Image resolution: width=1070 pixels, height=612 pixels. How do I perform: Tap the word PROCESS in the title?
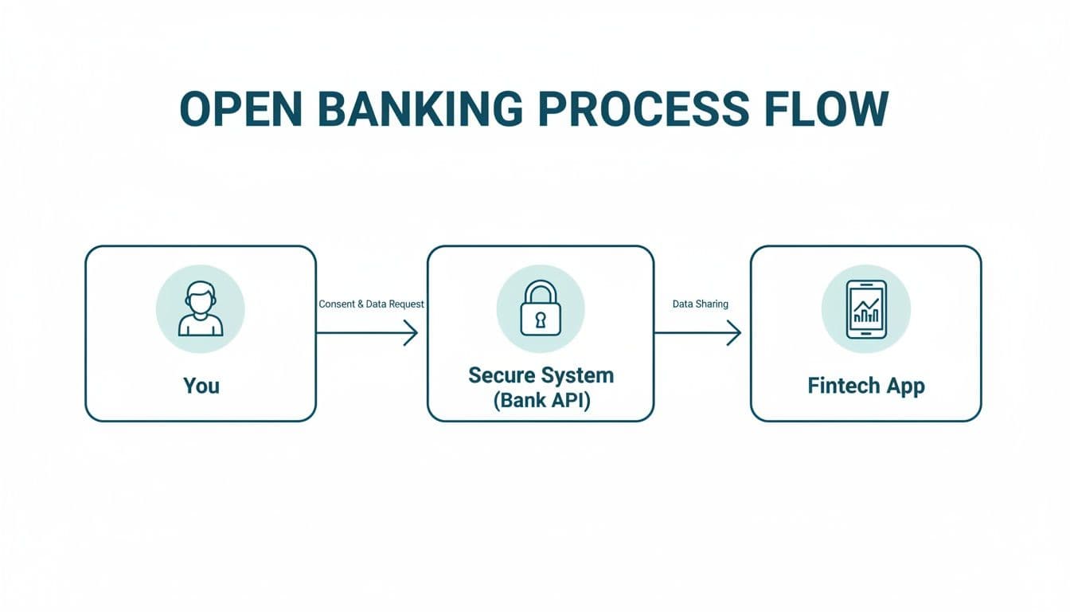644,109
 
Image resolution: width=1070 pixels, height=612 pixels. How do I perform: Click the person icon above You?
201,310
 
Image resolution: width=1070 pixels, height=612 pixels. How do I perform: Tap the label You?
201,386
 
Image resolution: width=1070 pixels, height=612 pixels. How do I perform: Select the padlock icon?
541,308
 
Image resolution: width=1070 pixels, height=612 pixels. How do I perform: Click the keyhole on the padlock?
541,320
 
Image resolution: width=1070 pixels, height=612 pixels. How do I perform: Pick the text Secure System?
541,375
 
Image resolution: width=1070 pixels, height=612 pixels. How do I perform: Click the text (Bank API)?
541,400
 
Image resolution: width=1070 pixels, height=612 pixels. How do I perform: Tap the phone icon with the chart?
865,309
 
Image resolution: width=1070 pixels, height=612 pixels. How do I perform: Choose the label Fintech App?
865,386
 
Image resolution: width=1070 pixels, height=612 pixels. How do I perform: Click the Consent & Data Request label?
371,304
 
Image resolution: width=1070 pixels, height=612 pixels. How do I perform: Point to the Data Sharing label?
700,304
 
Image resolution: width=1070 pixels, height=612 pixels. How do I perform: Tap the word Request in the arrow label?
407,304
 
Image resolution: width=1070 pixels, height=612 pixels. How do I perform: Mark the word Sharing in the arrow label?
712,304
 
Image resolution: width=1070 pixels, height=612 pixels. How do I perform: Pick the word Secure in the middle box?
500,375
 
